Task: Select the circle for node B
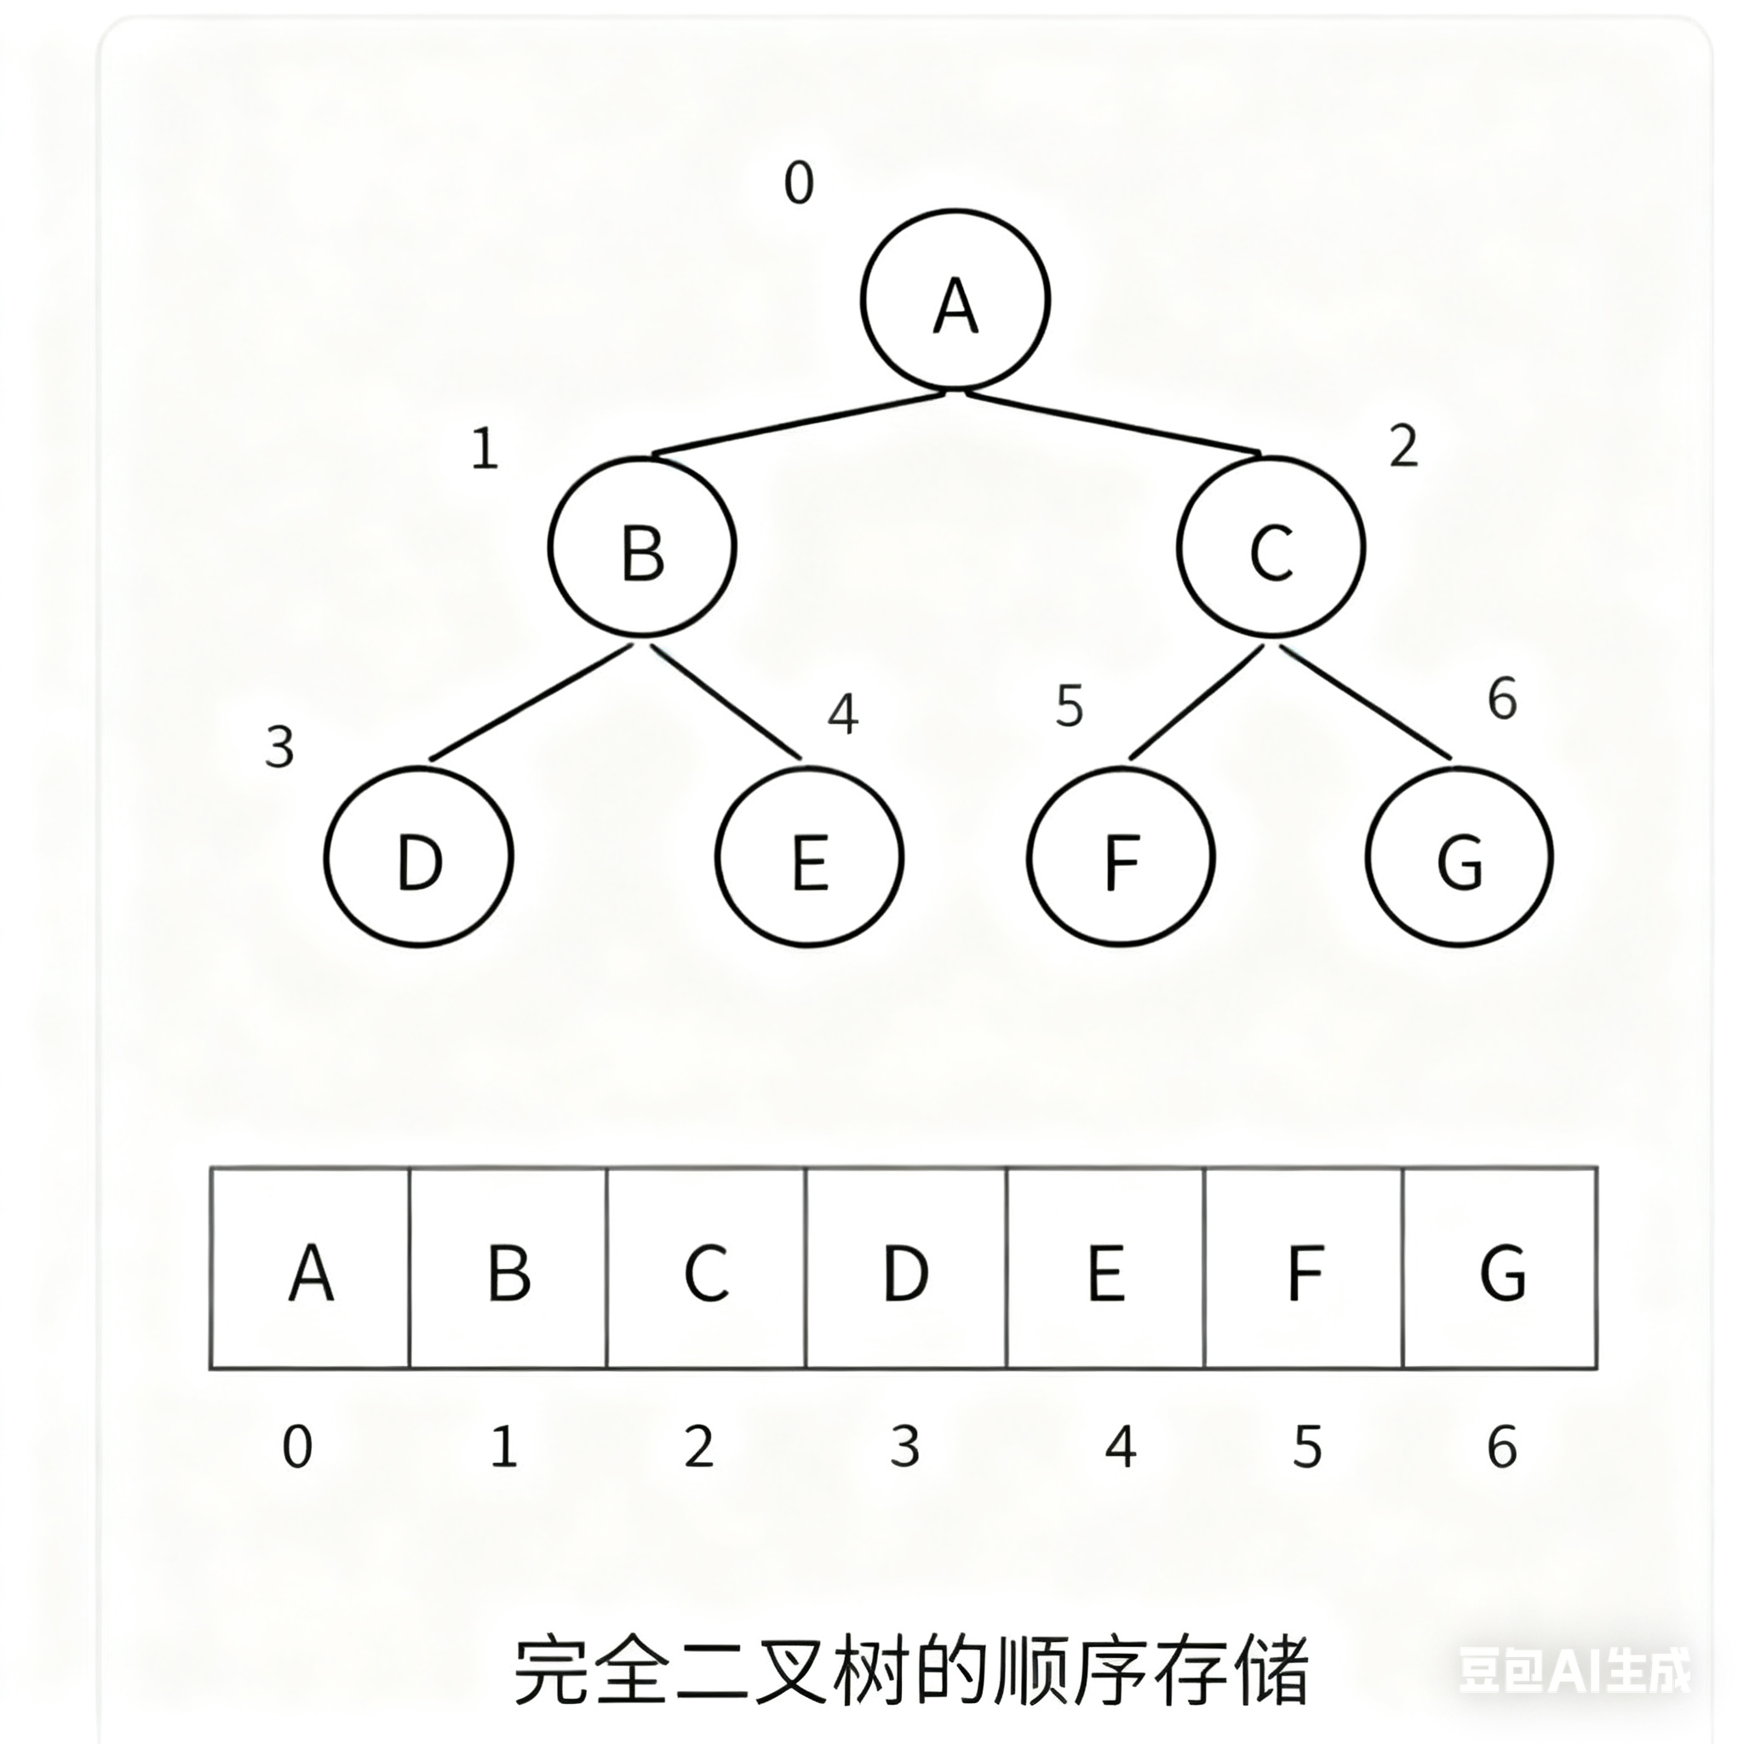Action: pyautogui.click(x=642, y=547)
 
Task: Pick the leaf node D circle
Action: pyautogui.click(x=419, y=856)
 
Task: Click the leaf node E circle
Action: pyautogui.click(x=810, y=856)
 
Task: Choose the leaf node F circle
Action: pyautogui.click(x=1121, y=856)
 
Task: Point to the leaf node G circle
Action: pyautogui.click(x=1460, y=856)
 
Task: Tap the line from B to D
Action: pyautogui.click(x=530, y=703)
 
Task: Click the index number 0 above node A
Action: pyautogui.click(x=799, y=183)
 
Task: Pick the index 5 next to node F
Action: pyautogui.click(x=1069, y=707)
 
